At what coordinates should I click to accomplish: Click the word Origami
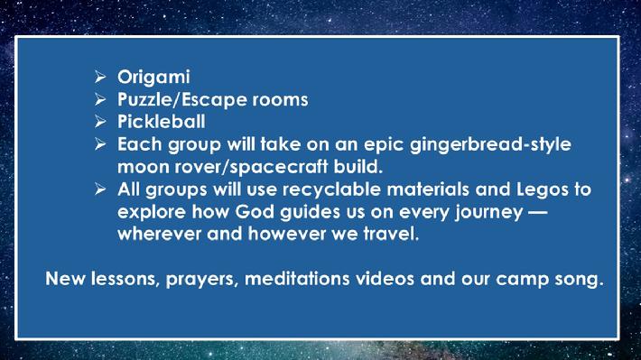click(153, 78)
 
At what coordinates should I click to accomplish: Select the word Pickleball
click(162, 122)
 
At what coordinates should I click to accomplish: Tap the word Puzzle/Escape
click(181, 100)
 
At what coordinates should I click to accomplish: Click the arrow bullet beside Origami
click(100, 77)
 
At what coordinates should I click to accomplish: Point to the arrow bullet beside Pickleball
click(100, 122)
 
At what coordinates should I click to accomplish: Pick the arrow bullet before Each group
click(100, 143)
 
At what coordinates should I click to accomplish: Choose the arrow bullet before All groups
click(100, 189)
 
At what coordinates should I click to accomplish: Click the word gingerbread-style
click(490, 145)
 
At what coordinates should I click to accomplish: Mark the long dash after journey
click(537, 213)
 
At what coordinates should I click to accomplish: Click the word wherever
click(160, 235)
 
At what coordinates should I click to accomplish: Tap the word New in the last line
click(65, 279)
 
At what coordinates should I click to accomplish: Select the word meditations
click(297, 279)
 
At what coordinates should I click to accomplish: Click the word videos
click(386, 279)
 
